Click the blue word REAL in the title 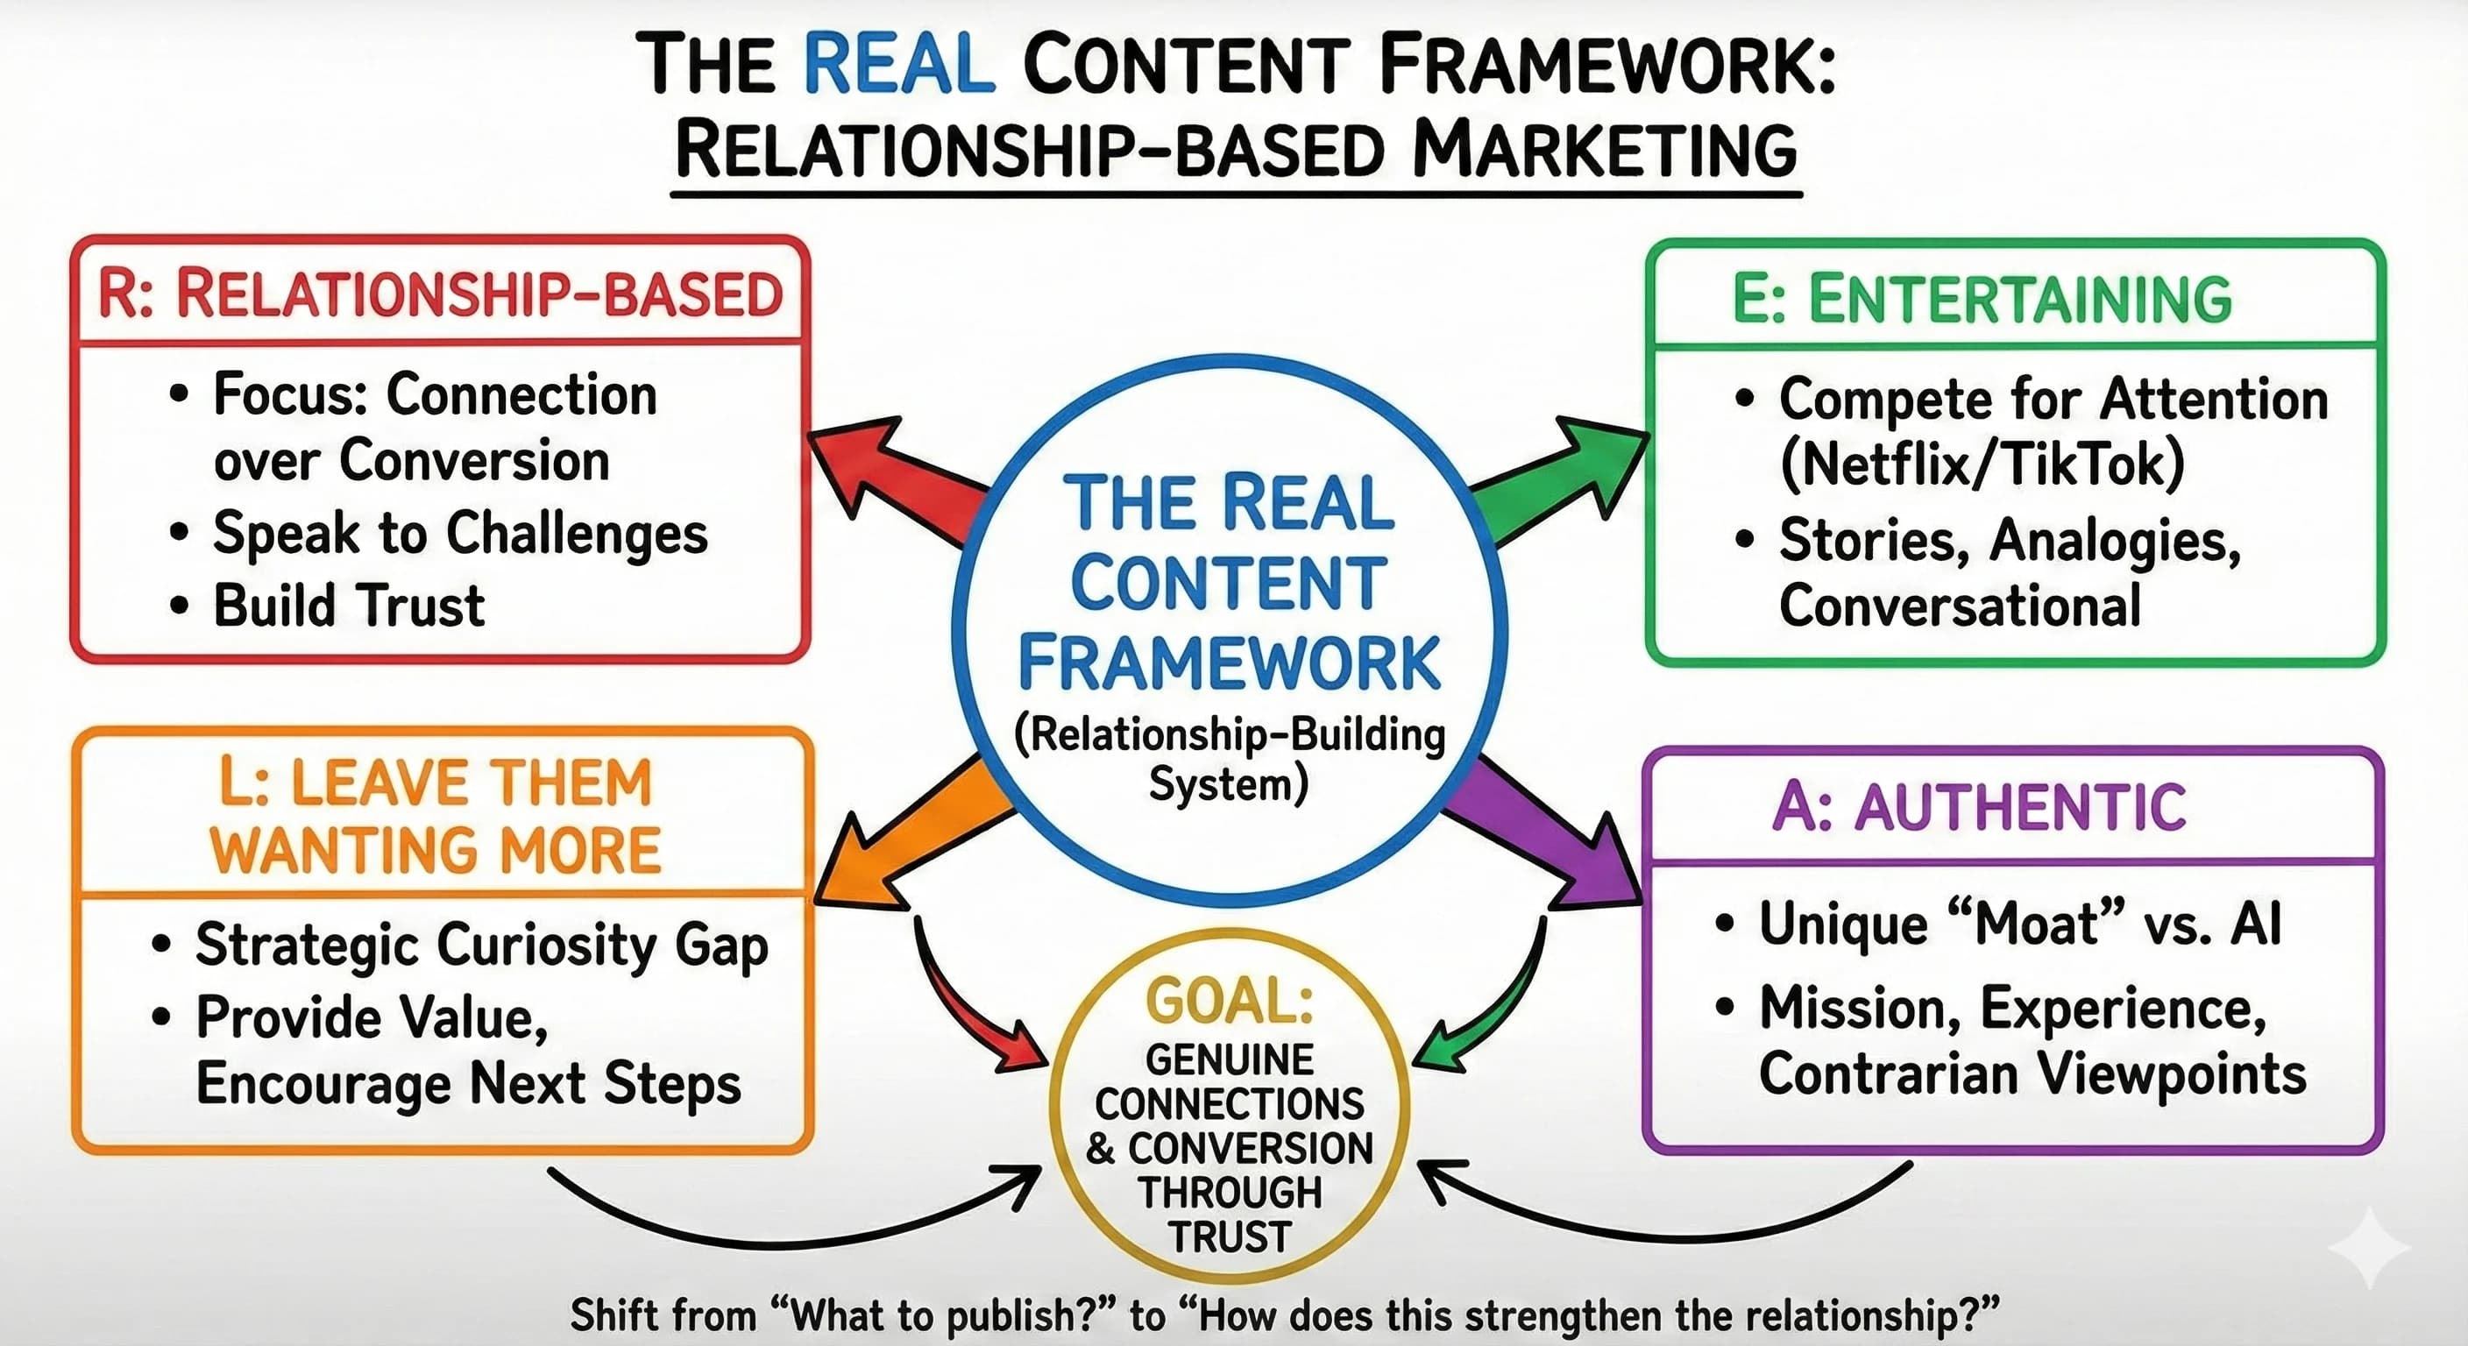(x=898, y=64)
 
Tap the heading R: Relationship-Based (x=441, y=294)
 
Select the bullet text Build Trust (x=349, y=606)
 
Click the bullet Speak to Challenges (x=460, y=534)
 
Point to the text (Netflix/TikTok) (x=1982, y=464)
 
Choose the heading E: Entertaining (x=1982, y=299)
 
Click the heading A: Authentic (x=1979, y=807)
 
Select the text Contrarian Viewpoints (x=2032, y=1074)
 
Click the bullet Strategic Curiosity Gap (x=481, y=946)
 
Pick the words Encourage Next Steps (x=467, y=1085)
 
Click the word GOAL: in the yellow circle (x=1230, y=1001)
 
